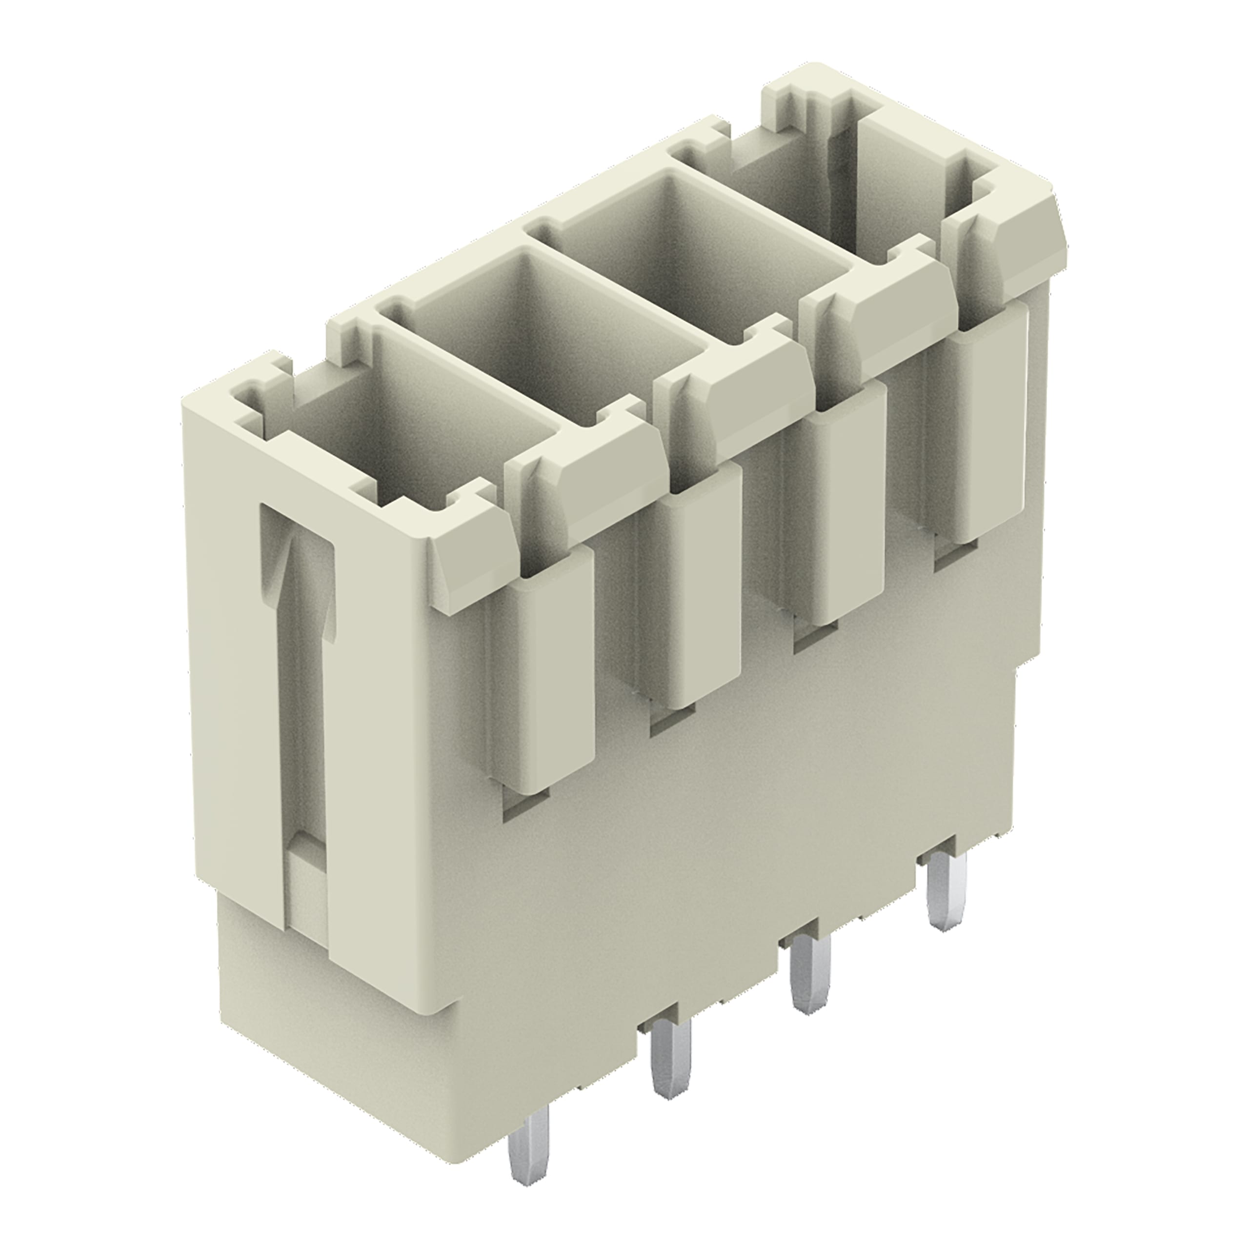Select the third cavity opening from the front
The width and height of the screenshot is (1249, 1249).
tap(698, 246)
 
